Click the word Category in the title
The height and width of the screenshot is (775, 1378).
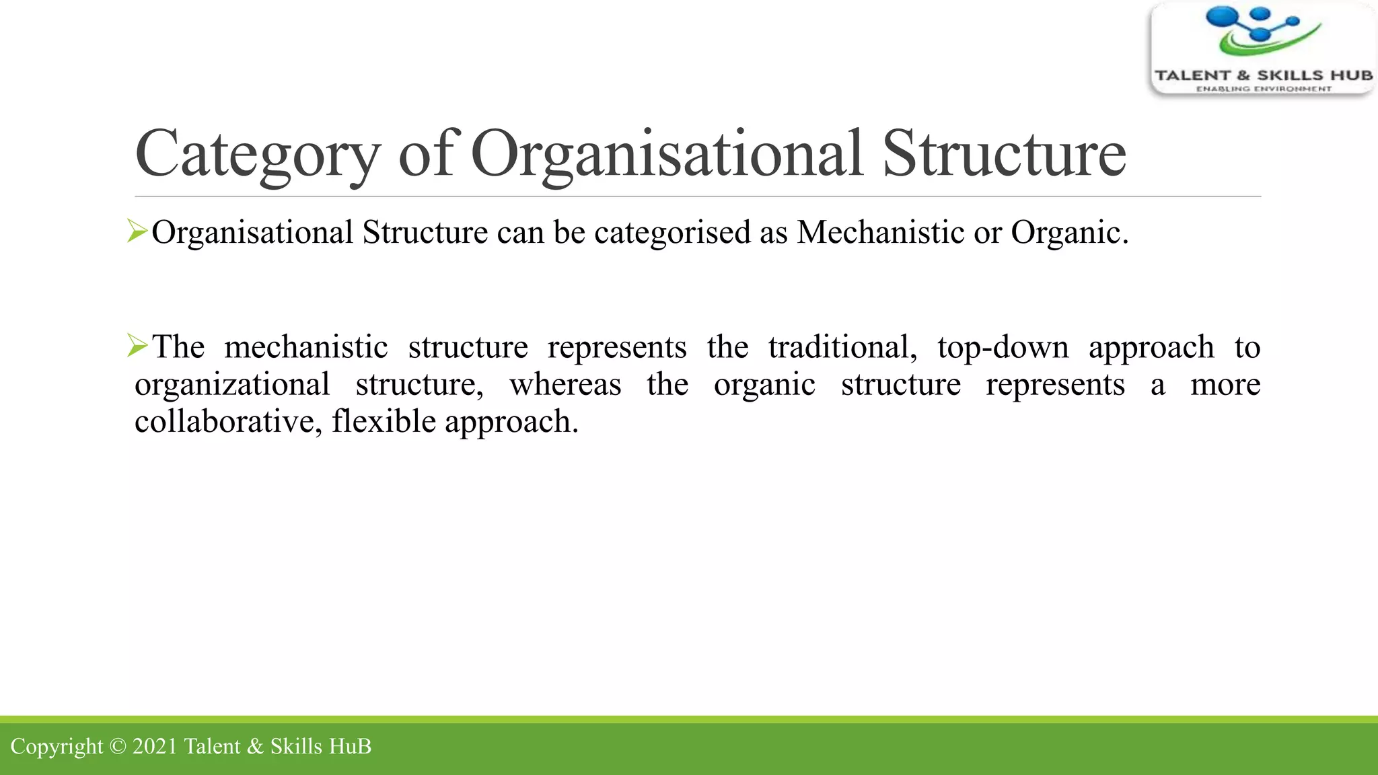click(258, 155)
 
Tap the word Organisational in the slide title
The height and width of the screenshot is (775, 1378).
click(666, 155)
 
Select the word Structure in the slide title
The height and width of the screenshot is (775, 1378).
click(1004, 155)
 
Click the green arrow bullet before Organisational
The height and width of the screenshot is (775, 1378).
click(137, 232)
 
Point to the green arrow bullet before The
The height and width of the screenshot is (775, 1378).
click(137, 346)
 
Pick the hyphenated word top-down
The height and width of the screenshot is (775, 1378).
click(1003, 348)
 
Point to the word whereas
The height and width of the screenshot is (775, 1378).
click(565, 385)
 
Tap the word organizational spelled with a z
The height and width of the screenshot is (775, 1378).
click(232, 385)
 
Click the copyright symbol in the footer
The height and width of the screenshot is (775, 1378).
click(118, 747)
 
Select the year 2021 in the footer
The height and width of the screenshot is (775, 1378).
click(155, 747)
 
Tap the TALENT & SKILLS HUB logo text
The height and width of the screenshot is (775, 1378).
click(1264, 75)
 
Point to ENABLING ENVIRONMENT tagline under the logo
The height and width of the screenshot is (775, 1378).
click(1264, 89)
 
